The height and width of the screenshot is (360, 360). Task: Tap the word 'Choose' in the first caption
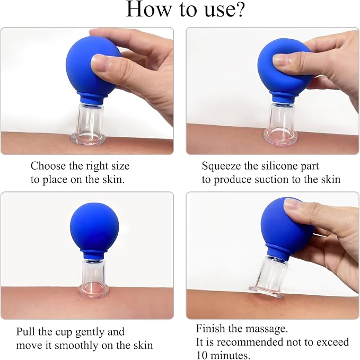pos(48,166)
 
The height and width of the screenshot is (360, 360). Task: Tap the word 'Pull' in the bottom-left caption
pos(25,331)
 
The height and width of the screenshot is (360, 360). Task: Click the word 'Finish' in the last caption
pos(210,328)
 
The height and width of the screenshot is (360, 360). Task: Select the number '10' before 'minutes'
pos(203,355)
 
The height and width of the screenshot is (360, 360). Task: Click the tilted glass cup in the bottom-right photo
pos(268,277)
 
